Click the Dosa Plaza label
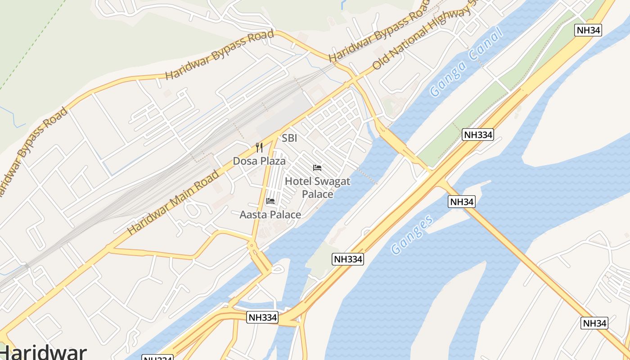[x=259, y=161]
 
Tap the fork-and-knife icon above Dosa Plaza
[x=259, y=147]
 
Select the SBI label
[x=289, y=138]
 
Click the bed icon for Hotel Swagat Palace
[x=317, y=168]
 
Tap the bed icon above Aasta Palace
[x=270, y=201]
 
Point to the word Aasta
[x=252, y=215]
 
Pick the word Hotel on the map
[x=298, y=181]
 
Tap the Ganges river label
[x=412, y=234]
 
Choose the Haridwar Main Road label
[x=173, y=202]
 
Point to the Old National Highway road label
[x=423, y=39]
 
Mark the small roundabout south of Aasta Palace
[x=251, y=245]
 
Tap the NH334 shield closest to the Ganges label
[x=348, y=259]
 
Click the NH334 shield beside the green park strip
[x=478, y=135]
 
